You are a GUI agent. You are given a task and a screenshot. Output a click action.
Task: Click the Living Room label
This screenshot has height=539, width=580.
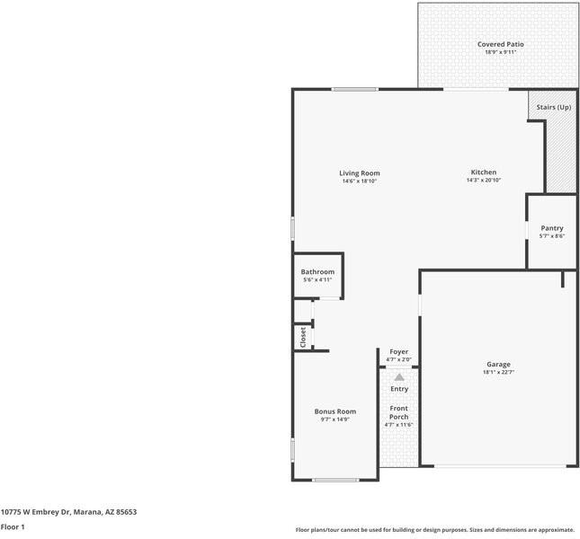[359, 173]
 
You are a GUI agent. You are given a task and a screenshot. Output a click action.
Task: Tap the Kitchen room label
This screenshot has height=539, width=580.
[483, 172]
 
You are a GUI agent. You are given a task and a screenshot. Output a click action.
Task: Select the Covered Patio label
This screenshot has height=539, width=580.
[500, 44]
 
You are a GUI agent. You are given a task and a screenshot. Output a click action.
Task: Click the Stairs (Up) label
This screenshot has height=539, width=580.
[553, 107]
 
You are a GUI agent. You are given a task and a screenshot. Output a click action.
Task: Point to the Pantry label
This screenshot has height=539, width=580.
[551, 228]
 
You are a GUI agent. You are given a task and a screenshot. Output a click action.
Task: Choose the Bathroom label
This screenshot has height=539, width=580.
[317, 272]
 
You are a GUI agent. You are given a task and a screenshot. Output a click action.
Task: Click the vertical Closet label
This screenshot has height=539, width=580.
[303, 337]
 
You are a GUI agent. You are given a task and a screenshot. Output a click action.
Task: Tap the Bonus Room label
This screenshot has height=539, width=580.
[335, 411]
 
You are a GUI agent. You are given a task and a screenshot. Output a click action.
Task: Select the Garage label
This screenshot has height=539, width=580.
[499, 364]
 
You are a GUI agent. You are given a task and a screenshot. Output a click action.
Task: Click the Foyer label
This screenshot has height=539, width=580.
[397, 352]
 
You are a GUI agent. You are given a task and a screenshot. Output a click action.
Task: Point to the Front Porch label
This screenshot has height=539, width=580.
[397, 413]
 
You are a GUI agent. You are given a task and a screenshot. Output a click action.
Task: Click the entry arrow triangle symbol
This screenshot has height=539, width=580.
[398, 377]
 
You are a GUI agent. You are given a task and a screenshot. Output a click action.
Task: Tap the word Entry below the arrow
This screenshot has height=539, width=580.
[398, 389]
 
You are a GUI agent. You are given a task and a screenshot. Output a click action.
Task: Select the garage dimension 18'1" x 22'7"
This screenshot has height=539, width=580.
[499, 372]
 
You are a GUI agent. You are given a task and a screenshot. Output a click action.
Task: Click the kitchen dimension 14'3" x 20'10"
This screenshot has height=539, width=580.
[483, 181]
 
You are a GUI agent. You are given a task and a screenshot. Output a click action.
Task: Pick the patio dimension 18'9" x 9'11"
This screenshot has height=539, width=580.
[500, 52]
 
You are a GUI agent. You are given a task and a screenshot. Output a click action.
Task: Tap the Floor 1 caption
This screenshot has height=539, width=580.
[13, 527]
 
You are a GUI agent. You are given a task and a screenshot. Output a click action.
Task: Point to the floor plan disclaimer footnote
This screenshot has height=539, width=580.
[434, 529]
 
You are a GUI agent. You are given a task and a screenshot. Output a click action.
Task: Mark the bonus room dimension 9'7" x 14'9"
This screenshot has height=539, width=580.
[335, 420]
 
